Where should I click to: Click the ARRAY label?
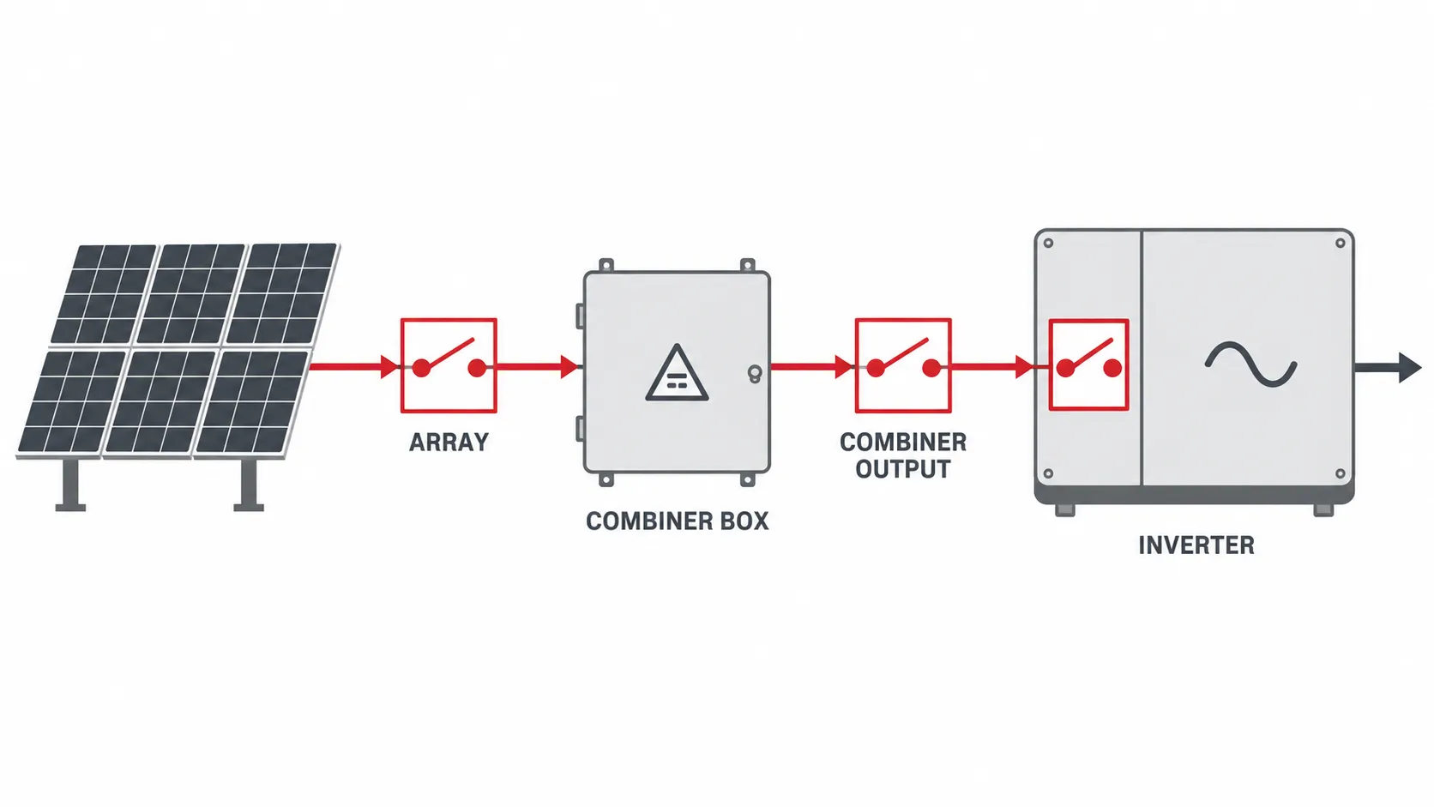click(449, 443)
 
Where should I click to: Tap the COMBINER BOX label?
click(678, 521)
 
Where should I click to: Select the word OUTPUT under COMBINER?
click(902, 469)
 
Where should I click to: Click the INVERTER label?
click(1196, 545)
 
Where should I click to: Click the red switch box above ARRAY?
click(449, 365)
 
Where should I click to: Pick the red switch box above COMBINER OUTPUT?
click(903, 365)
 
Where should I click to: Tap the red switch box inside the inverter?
click(1089, 364)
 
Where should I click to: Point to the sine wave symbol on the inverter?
click(1251, 364)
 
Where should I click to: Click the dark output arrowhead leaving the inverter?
click(1410, 367)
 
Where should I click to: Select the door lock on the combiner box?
click(755, 373)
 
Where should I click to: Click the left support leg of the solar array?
click(70, 485)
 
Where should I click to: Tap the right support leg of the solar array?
click(249, 485)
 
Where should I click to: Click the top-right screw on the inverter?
click(1340, 244)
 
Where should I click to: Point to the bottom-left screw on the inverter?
click(1048, 473)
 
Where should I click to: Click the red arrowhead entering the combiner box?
click(569, 367)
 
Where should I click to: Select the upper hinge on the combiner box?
click(580, 316)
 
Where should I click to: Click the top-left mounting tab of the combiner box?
click(606, 265)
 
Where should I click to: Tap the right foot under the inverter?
click(1323, 510)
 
